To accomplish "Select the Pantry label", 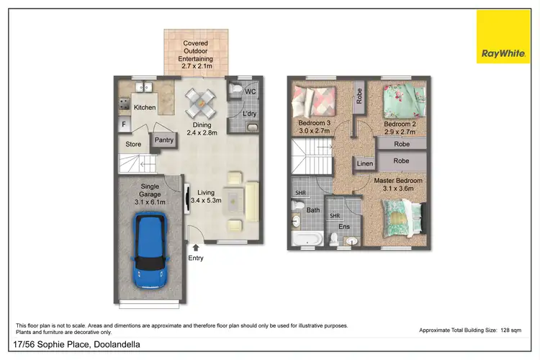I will (164, 140).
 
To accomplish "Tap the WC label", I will (251, 93).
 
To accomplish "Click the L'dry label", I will (250, 114).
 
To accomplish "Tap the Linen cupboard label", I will (364, 165).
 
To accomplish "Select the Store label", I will (133, 144).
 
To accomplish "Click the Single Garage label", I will (150, 194).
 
